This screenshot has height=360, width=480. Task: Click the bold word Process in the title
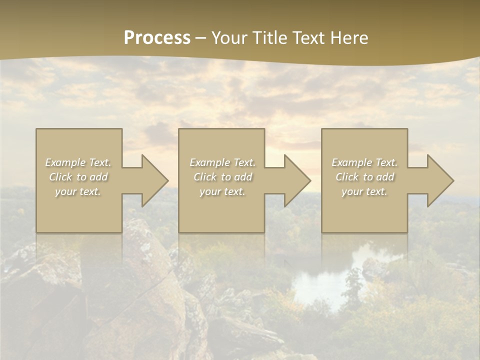click(157, 38)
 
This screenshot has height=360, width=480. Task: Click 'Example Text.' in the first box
click(78, 162)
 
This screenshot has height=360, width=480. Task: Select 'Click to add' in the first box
click(78, 177)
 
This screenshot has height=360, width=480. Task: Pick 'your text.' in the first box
click(78, 191)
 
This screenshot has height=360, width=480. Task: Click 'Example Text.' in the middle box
click(222, 162)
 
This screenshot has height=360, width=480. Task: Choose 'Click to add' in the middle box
click(222, 177)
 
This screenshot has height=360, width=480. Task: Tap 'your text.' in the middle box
click(222, 191)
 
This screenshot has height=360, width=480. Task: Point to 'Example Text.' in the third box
click(364, 162)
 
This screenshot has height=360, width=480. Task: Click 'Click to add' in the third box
click(364, 177)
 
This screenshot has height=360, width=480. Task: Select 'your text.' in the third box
click(364, 191)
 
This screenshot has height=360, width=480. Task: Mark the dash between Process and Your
click(201, 38)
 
